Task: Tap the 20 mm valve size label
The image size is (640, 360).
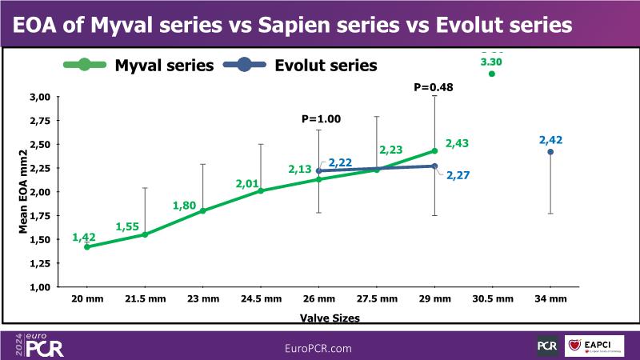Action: click(x=86, y=299)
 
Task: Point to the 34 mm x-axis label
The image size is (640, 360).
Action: click(x=550, y=299)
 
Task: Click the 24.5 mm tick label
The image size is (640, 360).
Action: click(x=261, y=299)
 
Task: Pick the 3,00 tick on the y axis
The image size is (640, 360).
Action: click(x=40, y=97)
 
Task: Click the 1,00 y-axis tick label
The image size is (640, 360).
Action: click(x=40, y=286)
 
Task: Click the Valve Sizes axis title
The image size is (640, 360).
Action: click(x=330, y=318)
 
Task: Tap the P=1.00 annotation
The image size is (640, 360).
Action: click(x=321, y=118)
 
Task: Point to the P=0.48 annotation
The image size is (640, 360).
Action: click(x=434, y=87)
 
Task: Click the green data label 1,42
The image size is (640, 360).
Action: click(x=84, y=237)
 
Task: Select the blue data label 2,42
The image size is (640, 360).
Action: click(x=551, y=141)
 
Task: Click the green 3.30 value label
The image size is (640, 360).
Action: click(x=491, y=61)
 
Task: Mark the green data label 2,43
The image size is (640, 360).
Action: click(x=457, y=143)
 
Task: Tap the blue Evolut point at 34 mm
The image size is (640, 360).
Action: click(x=550, y=152)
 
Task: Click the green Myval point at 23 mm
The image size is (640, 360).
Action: click(x=202, y=210)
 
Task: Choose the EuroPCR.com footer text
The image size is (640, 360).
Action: click(x=318, y=348)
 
